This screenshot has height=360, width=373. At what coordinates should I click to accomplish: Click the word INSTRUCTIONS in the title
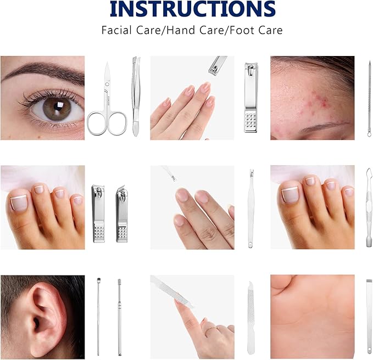click(x=192, y=9)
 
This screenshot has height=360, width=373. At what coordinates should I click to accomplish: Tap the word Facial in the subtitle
click(x=116, y=30)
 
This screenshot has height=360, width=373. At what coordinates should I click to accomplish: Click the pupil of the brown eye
click(x=57, y=107)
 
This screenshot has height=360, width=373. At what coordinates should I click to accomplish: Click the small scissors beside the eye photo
click(x=107, y=100)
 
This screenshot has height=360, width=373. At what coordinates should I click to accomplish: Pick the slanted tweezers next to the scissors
click(x=136, y=96)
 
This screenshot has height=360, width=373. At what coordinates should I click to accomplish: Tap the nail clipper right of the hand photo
click(x=250, y=98)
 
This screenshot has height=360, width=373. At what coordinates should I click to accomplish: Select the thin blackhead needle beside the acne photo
click(x=369, y=99)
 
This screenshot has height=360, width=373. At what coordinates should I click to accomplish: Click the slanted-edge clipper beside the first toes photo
click(x=122, y=213)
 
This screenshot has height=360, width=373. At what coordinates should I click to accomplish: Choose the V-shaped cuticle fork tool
click(x=250, y=209)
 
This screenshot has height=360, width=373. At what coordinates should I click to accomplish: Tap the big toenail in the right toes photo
click(x=290, y=194)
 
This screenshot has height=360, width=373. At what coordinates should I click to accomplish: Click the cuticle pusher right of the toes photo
click(x=369, y=207)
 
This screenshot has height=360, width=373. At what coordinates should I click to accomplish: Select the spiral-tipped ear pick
click(x=119, y=317)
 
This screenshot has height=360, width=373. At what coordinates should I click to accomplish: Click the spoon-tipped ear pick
click(x=98, y=317)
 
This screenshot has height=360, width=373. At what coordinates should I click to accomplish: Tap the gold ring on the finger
click(x=212, y=330)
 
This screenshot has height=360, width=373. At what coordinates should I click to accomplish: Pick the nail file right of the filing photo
click(x=250, y=318)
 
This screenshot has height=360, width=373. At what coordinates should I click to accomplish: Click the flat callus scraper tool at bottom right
click(x=369, y=316)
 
